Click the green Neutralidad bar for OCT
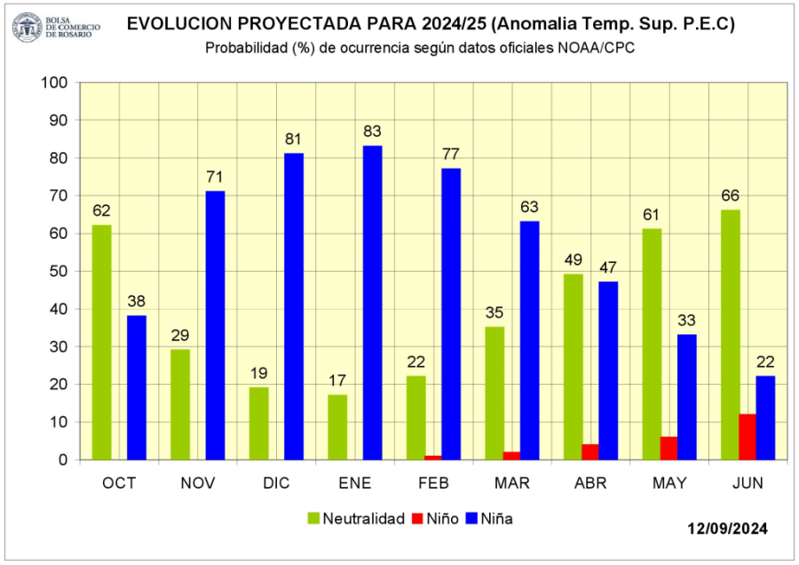(x=101, y=342)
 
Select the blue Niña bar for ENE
(x=372, y=302)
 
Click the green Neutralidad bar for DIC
(x=258, y=424)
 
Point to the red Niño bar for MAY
(x=668, y=449)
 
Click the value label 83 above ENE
(x=372, y=131)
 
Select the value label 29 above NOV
(x=179, y=336)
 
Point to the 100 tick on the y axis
(x=55, y=83)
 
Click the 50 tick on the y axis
(x=59, y=271)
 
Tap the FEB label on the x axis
(x=433, y=483)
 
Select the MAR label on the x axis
(x=512, y=483)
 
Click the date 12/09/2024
(x=727, y=529)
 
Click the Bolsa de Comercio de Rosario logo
(x=55, y=27)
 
